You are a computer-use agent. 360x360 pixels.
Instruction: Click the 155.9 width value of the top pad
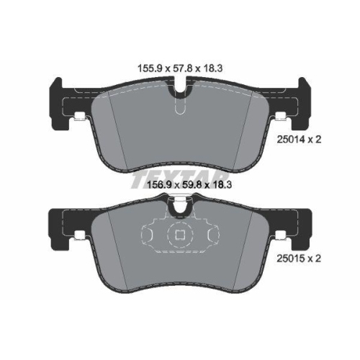pos(149,68)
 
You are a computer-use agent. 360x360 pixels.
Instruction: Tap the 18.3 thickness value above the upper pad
pos(213,68)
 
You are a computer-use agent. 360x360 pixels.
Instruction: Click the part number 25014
pos(291,139)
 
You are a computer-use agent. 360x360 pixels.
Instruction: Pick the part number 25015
pos(291,258)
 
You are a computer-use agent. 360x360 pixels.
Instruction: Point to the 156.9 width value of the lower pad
pos(158,185)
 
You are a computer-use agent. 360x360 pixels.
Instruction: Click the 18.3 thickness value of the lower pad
pos(222,185)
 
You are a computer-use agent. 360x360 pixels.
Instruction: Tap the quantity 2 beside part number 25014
pos(318,139)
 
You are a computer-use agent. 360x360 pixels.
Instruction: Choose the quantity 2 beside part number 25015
pos(318,258)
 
